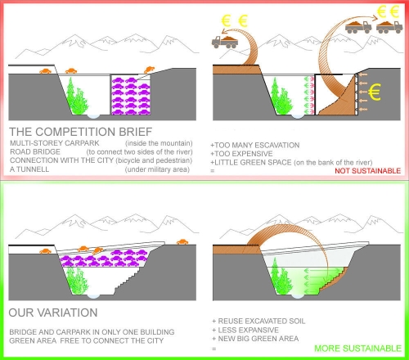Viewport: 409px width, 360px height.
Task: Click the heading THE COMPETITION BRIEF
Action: pos(81,132)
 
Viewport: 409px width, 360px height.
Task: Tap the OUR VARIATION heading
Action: pos(53,313)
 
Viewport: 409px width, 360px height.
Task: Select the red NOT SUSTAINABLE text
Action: pos(367,171)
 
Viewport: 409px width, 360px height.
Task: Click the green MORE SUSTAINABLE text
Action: pos(357,349)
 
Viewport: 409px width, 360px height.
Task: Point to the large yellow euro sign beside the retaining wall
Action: pos(374,92)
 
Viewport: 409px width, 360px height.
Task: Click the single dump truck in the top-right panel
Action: pos(225,42)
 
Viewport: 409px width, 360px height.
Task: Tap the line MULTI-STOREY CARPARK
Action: pos(55,143)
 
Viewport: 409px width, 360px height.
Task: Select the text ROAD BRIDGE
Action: pos(35,151)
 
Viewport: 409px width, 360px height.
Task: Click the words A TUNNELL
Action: pos(29,169)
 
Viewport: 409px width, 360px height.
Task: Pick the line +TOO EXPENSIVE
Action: pos(241,154)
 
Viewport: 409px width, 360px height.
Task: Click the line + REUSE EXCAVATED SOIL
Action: pos(258,321)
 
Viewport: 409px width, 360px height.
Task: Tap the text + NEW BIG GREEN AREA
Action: pos(255,339)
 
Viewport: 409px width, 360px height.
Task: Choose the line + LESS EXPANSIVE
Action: pos(245,330)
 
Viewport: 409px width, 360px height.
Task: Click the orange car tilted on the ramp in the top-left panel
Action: pos(149,70)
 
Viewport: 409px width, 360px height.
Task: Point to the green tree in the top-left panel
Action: pos(77,97)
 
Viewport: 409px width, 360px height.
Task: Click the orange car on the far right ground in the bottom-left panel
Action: pos(182,242)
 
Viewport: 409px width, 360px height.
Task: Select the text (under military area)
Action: pos(157,169)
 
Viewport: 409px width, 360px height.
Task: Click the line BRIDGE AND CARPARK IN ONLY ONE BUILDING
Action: pos(92,332)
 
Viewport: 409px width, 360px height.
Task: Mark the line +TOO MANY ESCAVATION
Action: pos(255,145)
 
